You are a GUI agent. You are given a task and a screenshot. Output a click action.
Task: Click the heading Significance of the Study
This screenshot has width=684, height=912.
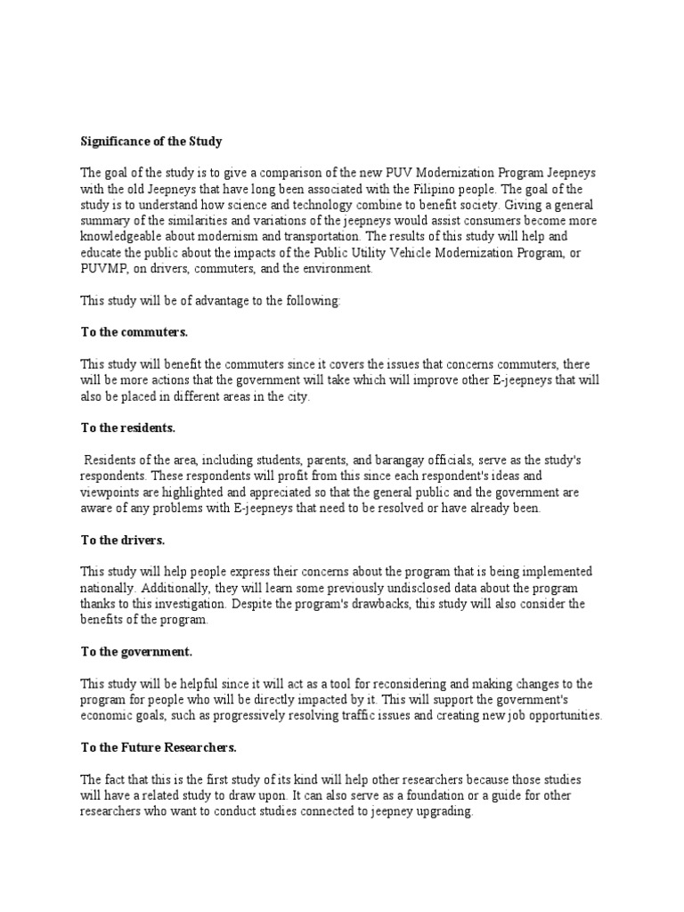[x=151, y=142]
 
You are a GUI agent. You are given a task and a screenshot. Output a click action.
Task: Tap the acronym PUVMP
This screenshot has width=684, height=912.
[x=105, y=269]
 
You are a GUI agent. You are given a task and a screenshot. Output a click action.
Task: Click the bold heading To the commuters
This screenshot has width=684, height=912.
[x=134, y=332]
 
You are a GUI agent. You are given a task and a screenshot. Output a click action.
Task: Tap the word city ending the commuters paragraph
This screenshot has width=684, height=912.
[x=296, y=396]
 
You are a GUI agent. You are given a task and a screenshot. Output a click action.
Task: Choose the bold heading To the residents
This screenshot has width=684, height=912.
[x=128, y=427]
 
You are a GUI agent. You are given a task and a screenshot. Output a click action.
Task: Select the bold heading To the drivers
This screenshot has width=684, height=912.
[x=123, y=540]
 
